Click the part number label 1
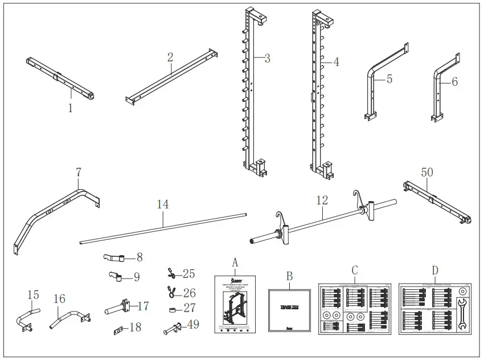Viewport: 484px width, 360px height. click(x=71, y=108)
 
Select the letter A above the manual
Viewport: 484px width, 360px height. click(x=234, y=262)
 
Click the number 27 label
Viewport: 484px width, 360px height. click(x=188, y=309)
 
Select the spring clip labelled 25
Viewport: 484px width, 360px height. click(x=170, y=273)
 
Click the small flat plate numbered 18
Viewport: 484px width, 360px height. click(x=120, y=330)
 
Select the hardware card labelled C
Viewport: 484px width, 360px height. click(x=354, y=309)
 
